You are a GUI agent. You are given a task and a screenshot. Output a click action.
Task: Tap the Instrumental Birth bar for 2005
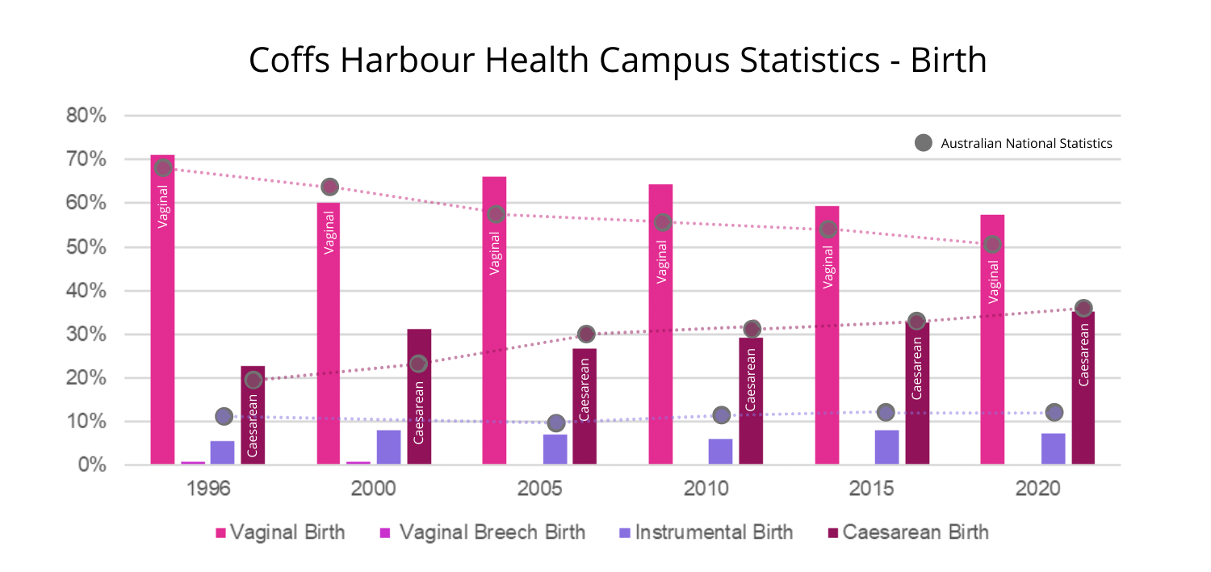pyautogui.click(x=555, y=449)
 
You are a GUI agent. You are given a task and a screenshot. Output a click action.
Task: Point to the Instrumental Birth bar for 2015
pyautogui.click(x=886, y=447)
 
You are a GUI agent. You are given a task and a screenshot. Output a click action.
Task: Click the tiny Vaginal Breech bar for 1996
pyautogui.click(x=193, y=463)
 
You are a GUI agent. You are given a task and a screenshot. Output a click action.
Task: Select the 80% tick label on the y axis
pyautogui.click(x=86, y=116)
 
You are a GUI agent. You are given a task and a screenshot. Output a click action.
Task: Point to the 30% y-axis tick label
pyautogui.click(x=86, y=334)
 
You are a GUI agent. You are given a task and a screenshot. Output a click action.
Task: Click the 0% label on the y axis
pyautogui.click(x=91, y=465)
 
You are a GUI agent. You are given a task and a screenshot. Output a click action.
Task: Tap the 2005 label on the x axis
pyautogui.click(x=540, y=489)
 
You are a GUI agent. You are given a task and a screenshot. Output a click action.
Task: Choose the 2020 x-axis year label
pyautogui.click(x=1038, y=489)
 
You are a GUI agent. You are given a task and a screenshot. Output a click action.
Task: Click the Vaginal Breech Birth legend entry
pyautogui.click(x=482, y=532)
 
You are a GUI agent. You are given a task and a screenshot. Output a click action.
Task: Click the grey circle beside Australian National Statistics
pyautogui.click(x=923, y=143)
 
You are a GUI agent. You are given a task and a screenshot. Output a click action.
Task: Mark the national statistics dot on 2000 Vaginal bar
pyautogui.click(x=329, y=187)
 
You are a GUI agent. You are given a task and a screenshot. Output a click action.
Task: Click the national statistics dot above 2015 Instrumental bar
pyautogui.click(x=886, y=412)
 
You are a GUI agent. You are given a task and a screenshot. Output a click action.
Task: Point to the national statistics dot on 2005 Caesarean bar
pyautogui.click(x=586, y=334)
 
